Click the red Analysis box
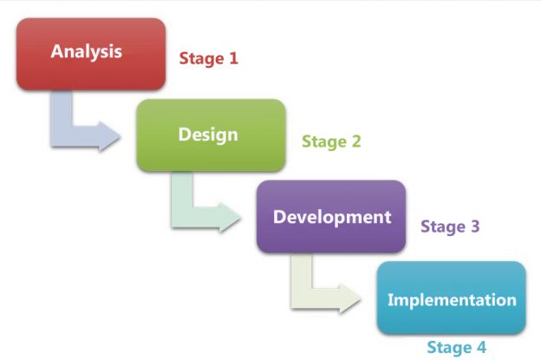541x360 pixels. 91,54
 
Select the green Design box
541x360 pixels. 211,134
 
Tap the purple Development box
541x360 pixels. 331,216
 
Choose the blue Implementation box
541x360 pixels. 451,298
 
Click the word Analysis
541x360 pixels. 87,50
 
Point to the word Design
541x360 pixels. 208,134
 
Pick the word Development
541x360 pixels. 332,216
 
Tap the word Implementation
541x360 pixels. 452,301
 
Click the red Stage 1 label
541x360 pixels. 208,59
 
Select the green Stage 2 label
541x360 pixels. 331,141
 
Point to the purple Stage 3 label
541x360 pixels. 450,226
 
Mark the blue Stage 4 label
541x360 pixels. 456,347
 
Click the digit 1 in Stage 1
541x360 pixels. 232,59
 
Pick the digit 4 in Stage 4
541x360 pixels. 480,347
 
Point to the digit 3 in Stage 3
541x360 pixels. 474,226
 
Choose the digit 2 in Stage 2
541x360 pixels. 355,141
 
